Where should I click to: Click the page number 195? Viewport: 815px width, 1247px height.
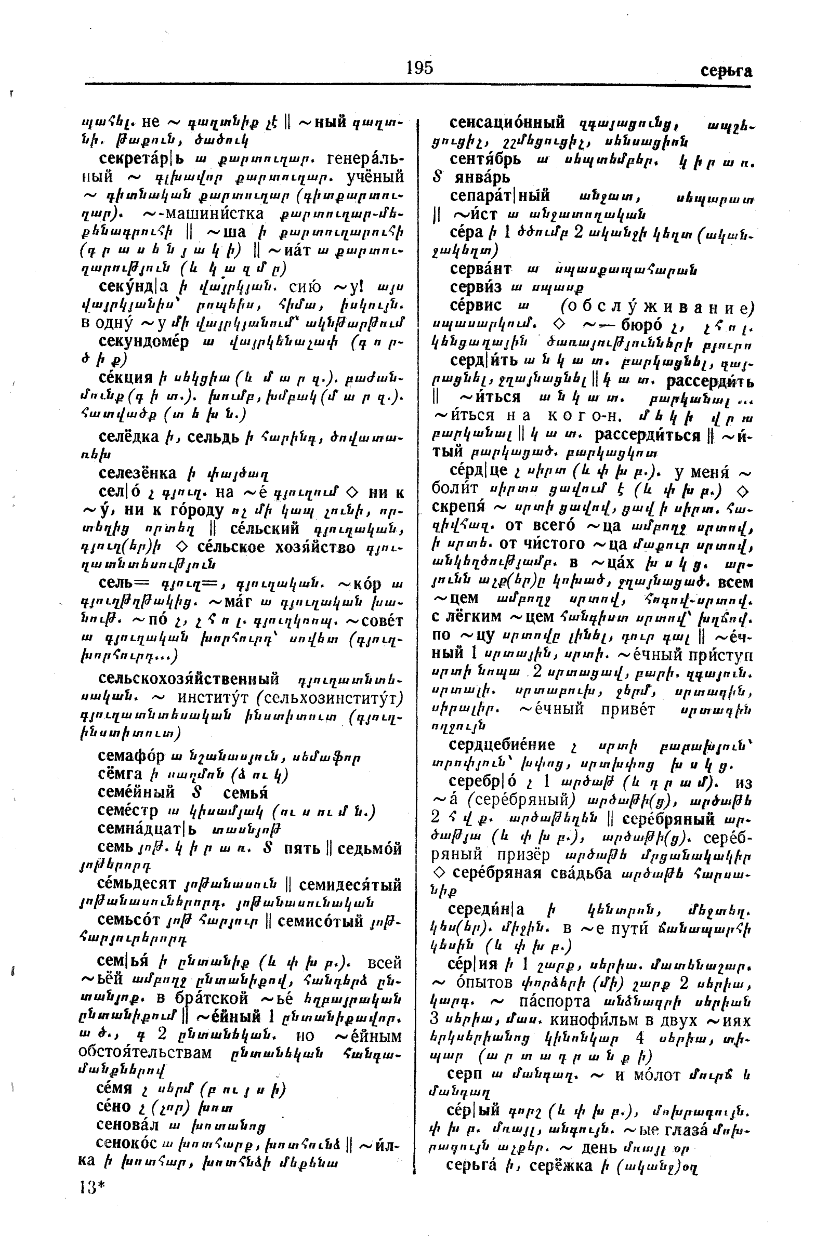click(x=419, y=68)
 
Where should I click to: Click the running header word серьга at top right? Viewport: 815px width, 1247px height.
click(x=726, y=71)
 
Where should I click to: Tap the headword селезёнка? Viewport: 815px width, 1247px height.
click(x=137, y=473)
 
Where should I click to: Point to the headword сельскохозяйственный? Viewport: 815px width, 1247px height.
click(x=188, y=680)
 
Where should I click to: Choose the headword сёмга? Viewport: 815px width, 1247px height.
click(x=120, y=774)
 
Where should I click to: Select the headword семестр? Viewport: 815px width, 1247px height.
click(x=127, y=811)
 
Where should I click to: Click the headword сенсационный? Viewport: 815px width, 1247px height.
click(x=507, y=123)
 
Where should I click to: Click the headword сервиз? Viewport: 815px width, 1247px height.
click(x=476, y=287)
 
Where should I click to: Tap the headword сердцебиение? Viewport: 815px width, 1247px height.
click(x=502, y=745)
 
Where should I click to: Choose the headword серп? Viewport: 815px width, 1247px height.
click(x=464, y=1073)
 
